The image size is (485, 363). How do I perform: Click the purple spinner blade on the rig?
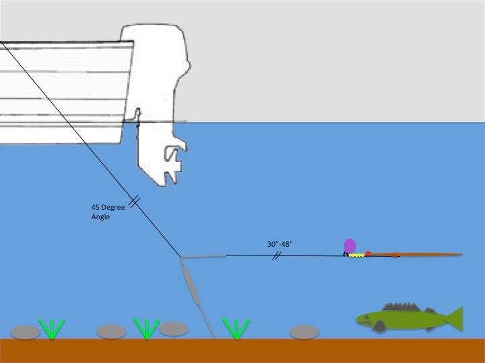350,245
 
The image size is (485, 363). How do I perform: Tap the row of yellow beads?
357,255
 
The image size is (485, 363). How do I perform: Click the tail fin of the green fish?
453,319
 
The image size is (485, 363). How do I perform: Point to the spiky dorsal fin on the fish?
397,306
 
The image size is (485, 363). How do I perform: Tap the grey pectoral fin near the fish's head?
381,326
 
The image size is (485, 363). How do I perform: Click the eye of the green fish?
364,316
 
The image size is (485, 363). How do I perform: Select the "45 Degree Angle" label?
108,212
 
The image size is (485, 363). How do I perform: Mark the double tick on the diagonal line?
133,200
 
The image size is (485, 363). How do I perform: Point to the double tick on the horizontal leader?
276,255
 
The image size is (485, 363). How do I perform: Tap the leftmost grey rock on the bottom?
26,331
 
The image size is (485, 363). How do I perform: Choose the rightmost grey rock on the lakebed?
304,331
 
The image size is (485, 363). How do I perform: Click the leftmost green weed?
52,329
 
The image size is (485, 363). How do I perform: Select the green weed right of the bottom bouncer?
236,328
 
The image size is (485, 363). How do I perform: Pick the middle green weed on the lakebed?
145,328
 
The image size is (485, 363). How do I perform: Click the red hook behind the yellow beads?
368,253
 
